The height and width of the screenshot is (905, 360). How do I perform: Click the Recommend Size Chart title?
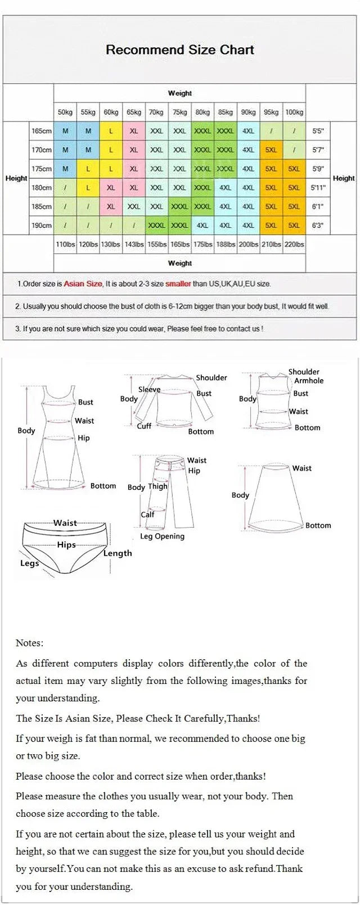(x=180, y=49)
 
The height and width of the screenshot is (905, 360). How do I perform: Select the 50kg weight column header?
(x=65, y=112)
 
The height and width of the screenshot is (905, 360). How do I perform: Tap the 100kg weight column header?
(x=294, y=112)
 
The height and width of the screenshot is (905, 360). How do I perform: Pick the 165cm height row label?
(x=42, y=131)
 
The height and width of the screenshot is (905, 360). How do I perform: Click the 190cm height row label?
(x=42, y=226)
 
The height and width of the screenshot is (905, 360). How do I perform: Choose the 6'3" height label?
(x=318, y=226)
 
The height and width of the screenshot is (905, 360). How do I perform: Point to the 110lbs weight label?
(x=65, y=245)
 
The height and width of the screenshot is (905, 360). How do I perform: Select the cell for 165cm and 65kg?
(x=134, y=131)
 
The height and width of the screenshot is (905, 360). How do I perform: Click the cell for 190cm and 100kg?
(x=294, y=226)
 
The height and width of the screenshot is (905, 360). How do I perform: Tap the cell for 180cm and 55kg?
(x=88, y=188)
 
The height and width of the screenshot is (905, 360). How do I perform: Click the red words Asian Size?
(x=83, y=284)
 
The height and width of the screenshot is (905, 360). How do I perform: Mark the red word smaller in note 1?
(x=178, y=284)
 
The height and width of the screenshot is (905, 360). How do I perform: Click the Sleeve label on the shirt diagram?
(x=149, y=389)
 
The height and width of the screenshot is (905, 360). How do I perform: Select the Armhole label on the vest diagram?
(x=309, y=381)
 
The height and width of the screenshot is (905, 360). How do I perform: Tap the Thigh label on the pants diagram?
(x=157, y=487)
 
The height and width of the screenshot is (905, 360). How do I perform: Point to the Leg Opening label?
(x=162, y=537)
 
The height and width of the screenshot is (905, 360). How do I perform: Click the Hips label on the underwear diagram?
(x=66, y=545)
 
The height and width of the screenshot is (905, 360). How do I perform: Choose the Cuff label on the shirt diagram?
(x=144, y=426)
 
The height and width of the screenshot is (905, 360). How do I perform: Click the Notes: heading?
(x=29, y=643)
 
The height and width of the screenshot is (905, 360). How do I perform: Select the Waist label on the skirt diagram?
(x=301, y=468)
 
